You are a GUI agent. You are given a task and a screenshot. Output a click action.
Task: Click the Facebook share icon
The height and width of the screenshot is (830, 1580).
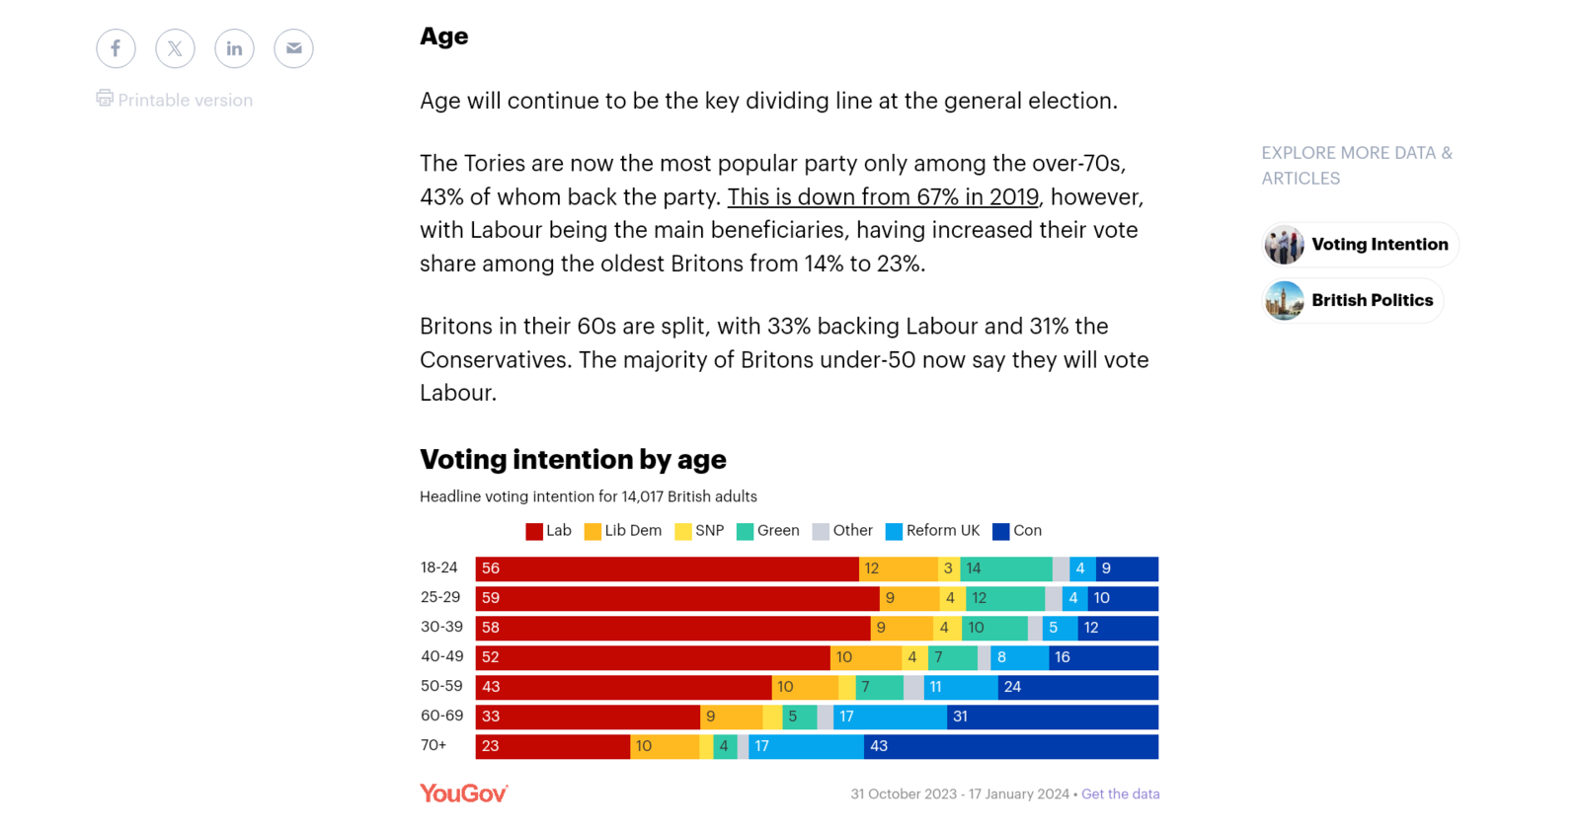tap(116, 48)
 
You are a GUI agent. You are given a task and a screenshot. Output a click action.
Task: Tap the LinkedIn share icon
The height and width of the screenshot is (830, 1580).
tap(234, 48)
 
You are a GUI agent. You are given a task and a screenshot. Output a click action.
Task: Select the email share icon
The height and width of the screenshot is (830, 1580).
tap(293, 48)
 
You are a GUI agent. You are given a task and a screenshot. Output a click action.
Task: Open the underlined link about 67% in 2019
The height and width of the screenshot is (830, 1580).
tap(883, 196)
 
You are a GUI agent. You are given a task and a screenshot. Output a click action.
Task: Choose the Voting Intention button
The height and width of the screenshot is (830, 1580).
tap(1360, 245)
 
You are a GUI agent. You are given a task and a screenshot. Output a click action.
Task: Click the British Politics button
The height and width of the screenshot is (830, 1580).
tap(1353, 300)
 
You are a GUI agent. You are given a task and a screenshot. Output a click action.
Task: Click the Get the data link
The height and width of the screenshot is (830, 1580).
tap(1120, 793)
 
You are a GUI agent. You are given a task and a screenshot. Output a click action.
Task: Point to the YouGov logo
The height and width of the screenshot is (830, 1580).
tap(463, 793)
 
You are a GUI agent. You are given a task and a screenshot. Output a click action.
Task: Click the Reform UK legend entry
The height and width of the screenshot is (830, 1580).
tap(932, 531)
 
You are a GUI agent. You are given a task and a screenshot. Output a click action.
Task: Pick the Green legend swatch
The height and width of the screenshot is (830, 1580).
tap(746, 532)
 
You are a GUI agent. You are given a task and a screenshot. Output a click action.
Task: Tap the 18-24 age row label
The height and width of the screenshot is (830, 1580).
tap(439, 567)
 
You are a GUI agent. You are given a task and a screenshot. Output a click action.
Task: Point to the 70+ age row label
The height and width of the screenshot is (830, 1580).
tap(434, 745)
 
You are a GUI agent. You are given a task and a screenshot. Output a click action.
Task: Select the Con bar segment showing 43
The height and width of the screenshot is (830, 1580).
tap(1010, 746)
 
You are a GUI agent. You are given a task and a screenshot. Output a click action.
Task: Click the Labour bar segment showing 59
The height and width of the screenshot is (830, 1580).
tap(676, 598)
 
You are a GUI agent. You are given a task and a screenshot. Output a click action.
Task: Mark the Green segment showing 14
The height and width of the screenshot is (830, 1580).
tap(1005, 568)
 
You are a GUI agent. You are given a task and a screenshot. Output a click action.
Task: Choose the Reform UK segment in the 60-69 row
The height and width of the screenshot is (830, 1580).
tap(890, 717)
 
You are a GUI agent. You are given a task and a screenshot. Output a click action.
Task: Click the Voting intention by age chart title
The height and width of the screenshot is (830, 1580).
tap(573, 459)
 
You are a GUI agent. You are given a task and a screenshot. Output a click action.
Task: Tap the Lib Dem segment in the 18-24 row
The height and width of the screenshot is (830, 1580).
tap(898, 568)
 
